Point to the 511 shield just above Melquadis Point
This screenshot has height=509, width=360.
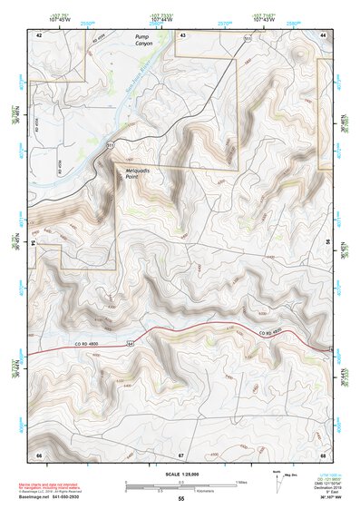111,144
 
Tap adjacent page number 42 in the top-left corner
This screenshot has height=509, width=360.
39,34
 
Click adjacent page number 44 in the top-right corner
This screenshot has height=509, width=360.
324,34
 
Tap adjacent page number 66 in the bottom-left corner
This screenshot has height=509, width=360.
39,454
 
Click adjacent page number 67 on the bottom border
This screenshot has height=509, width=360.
181,454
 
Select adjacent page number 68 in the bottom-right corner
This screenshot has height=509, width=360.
323,454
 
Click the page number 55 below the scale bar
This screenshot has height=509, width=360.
180,498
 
